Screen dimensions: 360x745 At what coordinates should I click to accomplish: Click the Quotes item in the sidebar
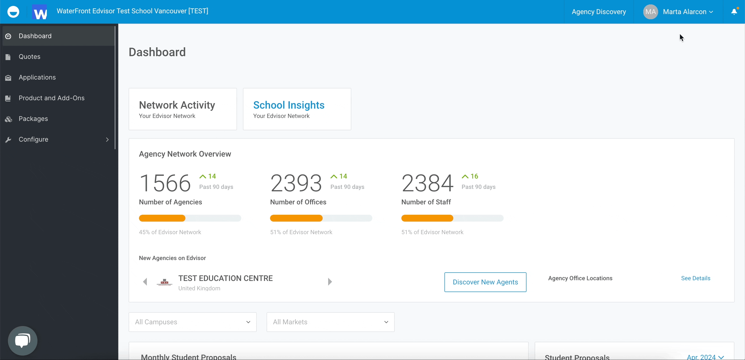(x=30, y=57)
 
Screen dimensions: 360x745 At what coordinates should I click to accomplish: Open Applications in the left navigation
(x=37, y=78)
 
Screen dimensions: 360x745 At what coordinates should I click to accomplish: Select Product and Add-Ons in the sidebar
(x=51, y=98)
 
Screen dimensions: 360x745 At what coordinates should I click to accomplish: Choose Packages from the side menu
(x=33, y=119)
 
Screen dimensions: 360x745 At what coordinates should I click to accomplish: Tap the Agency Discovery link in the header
(x=599, y=12)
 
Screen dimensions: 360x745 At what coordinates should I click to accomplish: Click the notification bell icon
(x=734, y=12)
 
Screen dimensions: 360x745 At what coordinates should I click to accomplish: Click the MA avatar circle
(x=650, y=12)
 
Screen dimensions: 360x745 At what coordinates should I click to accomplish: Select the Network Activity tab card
(x=183, y=109)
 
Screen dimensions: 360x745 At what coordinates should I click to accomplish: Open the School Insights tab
(x=297, y=109)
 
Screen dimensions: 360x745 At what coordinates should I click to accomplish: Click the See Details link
(x=695, y=278)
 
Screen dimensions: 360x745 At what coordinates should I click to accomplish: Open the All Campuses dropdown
(x=192, y=322)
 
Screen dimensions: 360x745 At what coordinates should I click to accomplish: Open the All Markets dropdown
(x=330, y=322)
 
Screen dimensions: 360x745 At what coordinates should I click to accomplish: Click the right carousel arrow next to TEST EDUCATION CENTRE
(x=330, y=282)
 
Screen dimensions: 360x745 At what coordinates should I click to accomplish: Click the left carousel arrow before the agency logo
(x=145, y=282)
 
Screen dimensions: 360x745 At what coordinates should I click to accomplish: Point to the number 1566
(x=165, y=183)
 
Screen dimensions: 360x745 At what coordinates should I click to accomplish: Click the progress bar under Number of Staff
(x=452, y=218)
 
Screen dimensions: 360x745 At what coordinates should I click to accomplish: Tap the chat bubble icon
(x=23, y=340)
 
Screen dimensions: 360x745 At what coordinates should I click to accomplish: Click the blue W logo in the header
(x=40, y=12)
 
